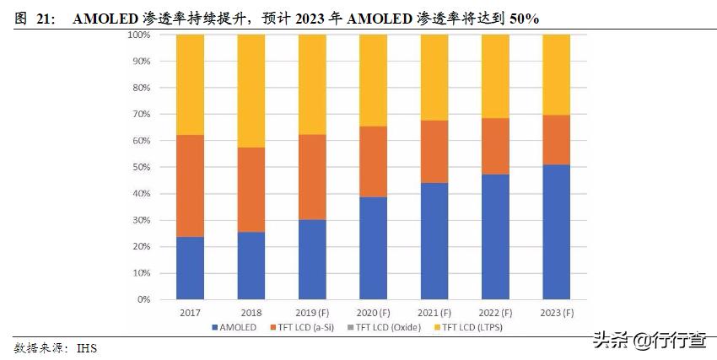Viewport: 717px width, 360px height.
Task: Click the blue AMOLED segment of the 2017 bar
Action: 191,268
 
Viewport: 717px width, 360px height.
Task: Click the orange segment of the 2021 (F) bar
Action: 434,152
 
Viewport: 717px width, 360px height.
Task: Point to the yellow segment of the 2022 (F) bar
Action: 495,76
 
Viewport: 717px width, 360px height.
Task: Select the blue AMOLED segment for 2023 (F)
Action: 556,232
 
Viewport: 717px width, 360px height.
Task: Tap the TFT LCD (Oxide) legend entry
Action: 389,326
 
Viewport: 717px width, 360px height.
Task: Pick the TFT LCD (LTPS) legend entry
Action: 470,326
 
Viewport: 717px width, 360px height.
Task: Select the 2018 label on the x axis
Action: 251,312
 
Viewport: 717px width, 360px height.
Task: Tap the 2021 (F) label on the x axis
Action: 434,312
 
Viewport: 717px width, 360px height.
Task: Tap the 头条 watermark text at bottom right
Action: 610,340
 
